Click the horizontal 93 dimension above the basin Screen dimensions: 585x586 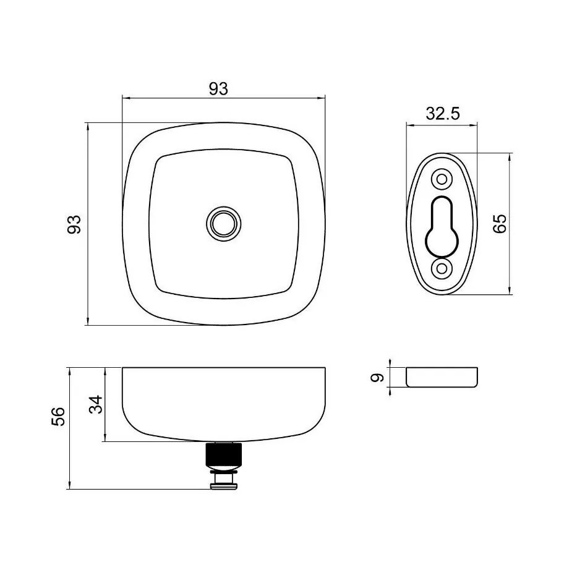point(218,89)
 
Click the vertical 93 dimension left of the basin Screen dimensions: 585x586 point(74,224)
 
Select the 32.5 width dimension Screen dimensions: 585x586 point(443,114)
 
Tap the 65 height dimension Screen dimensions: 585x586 point(500,224)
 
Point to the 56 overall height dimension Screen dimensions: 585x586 point(58,417)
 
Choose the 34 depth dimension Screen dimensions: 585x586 point(96,404)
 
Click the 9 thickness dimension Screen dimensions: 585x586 point(377,378)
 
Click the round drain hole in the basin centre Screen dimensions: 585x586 point(223,224)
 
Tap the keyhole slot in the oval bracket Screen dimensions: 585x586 point(442,227)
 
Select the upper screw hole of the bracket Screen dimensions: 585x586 point(442,179)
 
